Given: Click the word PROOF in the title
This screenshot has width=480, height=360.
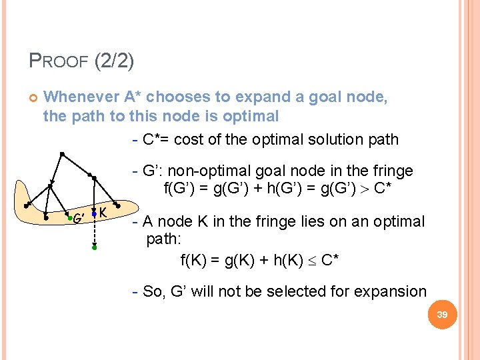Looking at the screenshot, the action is click(59, 62).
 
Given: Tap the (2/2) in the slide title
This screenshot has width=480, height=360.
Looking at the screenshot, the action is click(114, 61).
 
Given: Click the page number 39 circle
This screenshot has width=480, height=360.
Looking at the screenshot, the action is click(441, 314).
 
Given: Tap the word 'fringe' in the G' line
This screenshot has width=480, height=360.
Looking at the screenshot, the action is click(393, 171).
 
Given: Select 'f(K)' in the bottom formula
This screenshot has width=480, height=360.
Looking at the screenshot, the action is click(195, 260).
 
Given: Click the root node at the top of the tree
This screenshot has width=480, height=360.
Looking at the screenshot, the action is click(61, 154).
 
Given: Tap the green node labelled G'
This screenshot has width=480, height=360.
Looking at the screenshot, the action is click(68, 216).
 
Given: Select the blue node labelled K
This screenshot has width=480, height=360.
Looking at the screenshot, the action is click(95, 213).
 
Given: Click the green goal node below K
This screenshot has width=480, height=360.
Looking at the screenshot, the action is click(95, 247).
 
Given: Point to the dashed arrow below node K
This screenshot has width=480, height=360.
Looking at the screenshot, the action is click(95, 231).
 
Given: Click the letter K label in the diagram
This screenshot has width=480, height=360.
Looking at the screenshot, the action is click(104, 212).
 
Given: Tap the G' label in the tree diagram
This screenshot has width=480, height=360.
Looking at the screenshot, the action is click(78, 218).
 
